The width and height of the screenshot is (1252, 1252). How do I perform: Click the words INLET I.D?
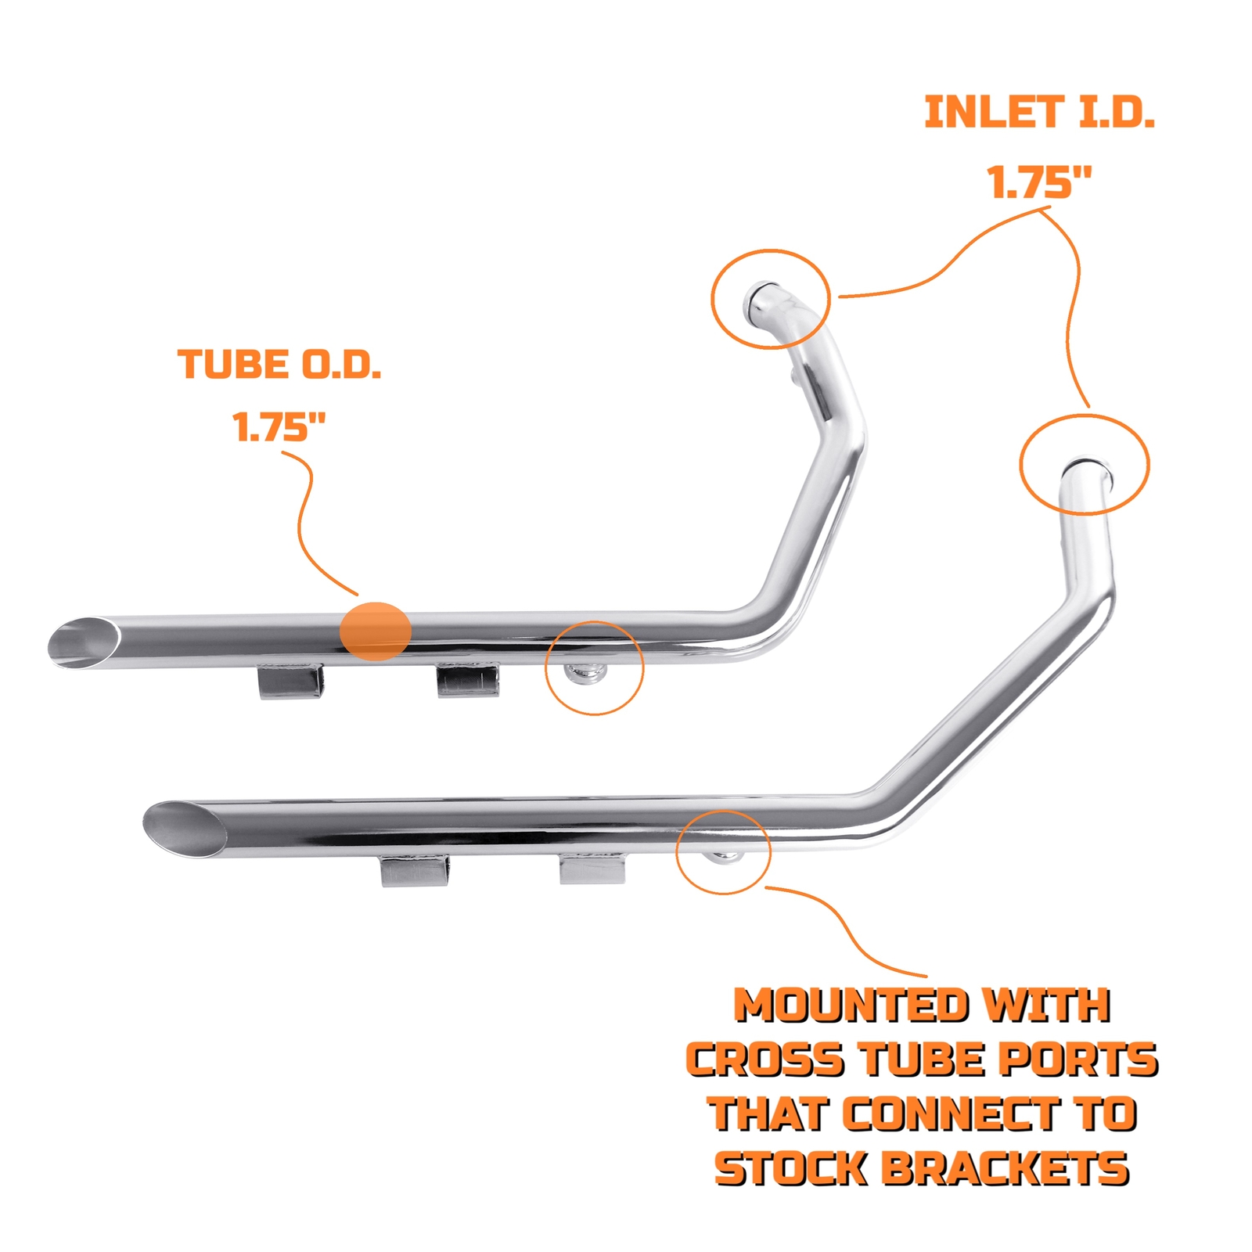coord(1039,113)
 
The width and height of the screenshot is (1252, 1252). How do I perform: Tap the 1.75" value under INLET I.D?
coord(1039,182)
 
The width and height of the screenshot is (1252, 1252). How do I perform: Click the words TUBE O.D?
coord(279,365)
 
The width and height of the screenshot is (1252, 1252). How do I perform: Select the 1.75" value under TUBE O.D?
coord(279,427)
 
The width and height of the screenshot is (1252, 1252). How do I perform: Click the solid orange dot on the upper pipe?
coord(376,631)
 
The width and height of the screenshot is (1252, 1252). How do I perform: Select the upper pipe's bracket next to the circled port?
coord(467,680)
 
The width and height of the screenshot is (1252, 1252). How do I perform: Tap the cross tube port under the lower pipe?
coord(725,856)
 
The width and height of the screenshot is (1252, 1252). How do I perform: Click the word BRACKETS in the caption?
coord(1005,1169)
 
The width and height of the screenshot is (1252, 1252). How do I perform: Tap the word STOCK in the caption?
coord(792,1169)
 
